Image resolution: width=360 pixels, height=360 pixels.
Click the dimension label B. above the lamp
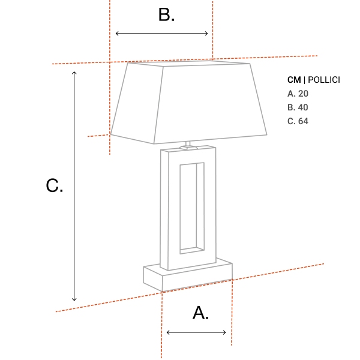(x=166, y=15)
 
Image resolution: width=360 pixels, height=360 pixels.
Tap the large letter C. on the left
(x=55, y=186)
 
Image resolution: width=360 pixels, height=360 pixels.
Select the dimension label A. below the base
(x=200, y=313)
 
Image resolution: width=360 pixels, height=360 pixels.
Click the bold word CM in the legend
(x=294, y=80)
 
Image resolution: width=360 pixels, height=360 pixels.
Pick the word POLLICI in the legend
(x=324, y=80)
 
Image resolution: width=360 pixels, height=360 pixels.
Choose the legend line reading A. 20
(x=298, y=94)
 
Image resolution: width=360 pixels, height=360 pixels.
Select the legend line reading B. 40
(x=298, y=107)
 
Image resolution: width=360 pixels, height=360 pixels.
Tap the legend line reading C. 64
(x=298, y=121)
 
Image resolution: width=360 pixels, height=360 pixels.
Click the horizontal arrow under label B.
(x=162, y=34)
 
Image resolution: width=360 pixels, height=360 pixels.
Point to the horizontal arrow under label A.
(x=197, y=332)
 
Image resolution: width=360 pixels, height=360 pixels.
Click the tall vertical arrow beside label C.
(x=74, y=186)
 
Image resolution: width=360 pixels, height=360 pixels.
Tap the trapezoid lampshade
(x=189, y=102)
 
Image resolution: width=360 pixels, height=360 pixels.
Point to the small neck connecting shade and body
(x=188, y=144)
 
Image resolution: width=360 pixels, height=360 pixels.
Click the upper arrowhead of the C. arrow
(x=74, y=73)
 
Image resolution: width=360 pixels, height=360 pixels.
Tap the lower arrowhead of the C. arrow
(x=74, y=299)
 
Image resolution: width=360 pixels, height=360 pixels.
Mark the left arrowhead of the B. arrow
(x=117, y=34)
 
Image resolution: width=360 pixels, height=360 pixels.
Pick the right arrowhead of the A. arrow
(x=224, y=332)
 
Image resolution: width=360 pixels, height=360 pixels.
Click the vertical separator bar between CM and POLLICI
(x=304, y=80)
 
